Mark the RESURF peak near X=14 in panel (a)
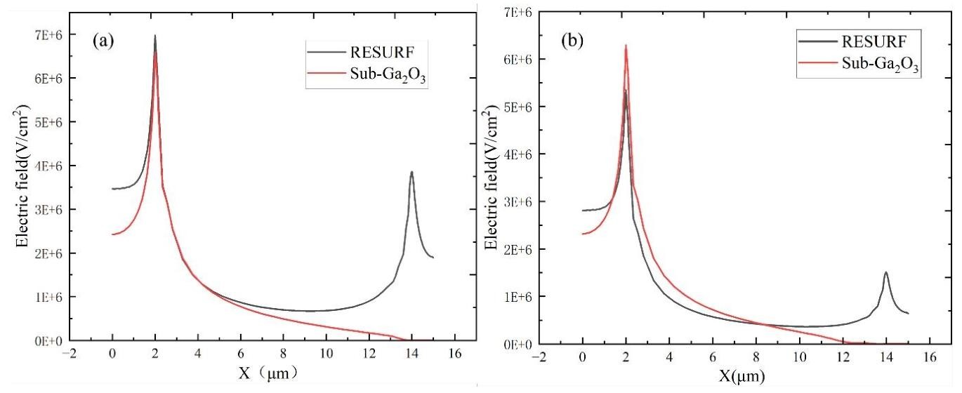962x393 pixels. click(x=411, y=172)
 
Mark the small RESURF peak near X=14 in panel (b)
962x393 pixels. click(x=886, y=272)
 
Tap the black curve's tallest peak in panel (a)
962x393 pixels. click(x=154, y=36)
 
